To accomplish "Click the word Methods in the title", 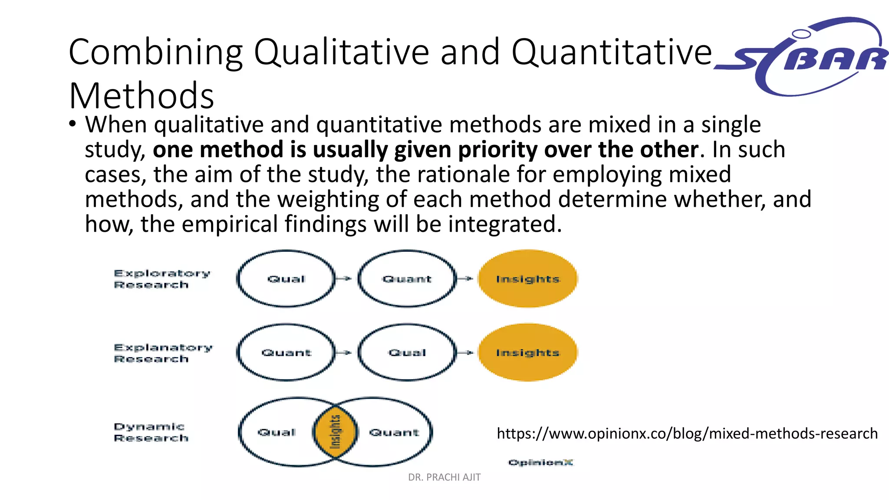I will (142, 95).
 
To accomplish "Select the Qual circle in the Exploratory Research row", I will (286, 279).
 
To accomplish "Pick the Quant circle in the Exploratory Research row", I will (407, 279).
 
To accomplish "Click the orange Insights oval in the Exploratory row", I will (528, 279).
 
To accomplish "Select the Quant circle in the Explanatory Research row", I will (286, 352).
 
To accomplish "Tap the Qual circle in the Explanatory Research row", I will (407, 352).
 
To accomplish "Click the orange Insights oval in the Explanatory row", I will (528, 352).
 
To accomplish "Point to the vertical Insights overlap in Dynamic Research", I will (335, 432).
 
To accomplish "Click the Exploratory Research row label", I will (161, 279).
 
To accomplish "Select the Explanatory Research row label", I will (162, 353).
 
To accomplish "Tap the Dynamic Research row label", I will (150, 432).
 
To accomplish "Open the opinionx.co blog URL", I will (687, 433).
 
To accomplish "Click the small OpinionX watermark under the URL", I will (540, 462).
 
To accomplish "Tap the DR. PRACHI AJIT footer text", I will (444, 477).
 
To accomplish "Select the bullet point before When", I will (72, 125).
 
